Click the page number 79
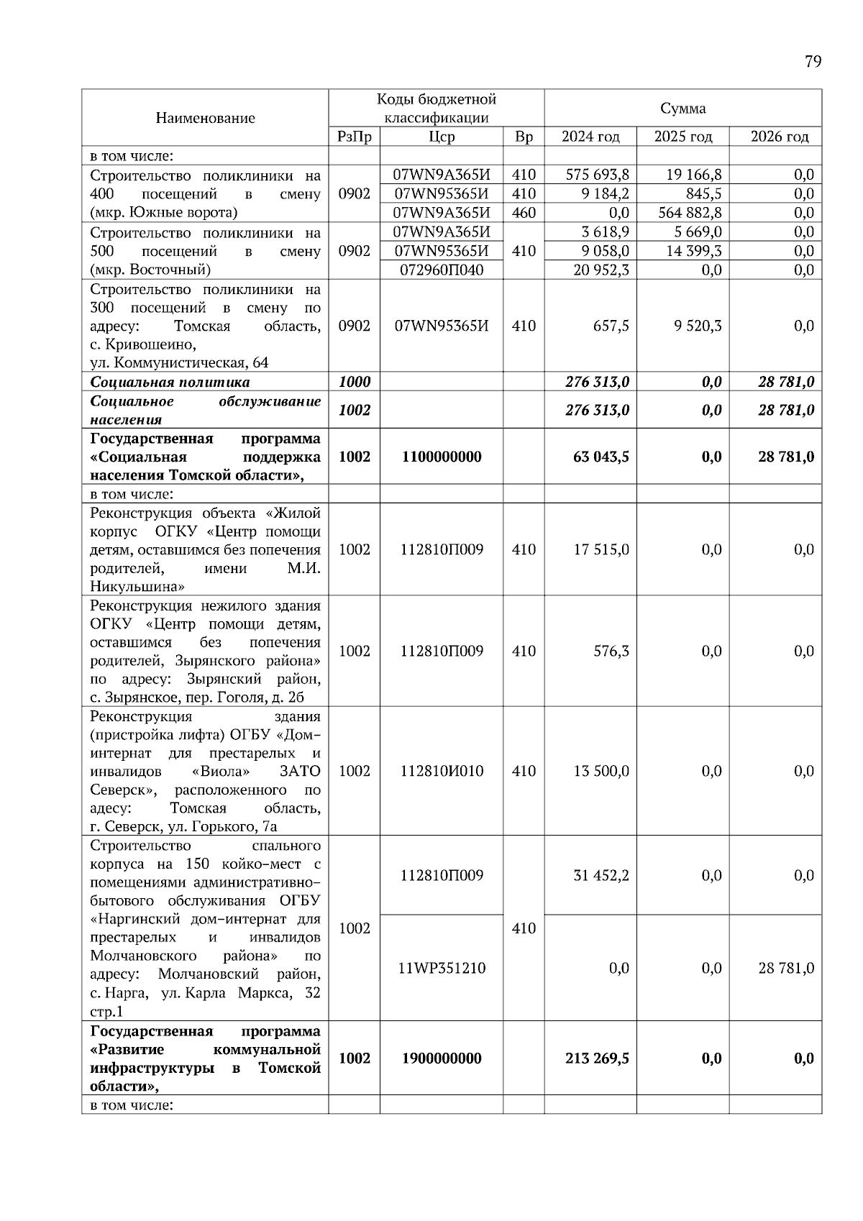813,62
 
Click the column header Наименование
205,118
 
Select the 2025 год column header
682,137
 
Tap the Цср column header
441,137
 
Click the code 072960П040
441,270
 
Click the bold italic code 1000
354,382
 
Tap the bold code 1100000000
441,457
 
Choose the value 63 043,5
601,457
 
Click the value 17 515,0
601,549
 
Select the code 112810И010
441,771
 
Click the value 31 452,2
601,875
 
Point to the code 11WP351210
441,968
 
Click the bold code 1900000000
441,1058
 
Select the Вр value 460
524,213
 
